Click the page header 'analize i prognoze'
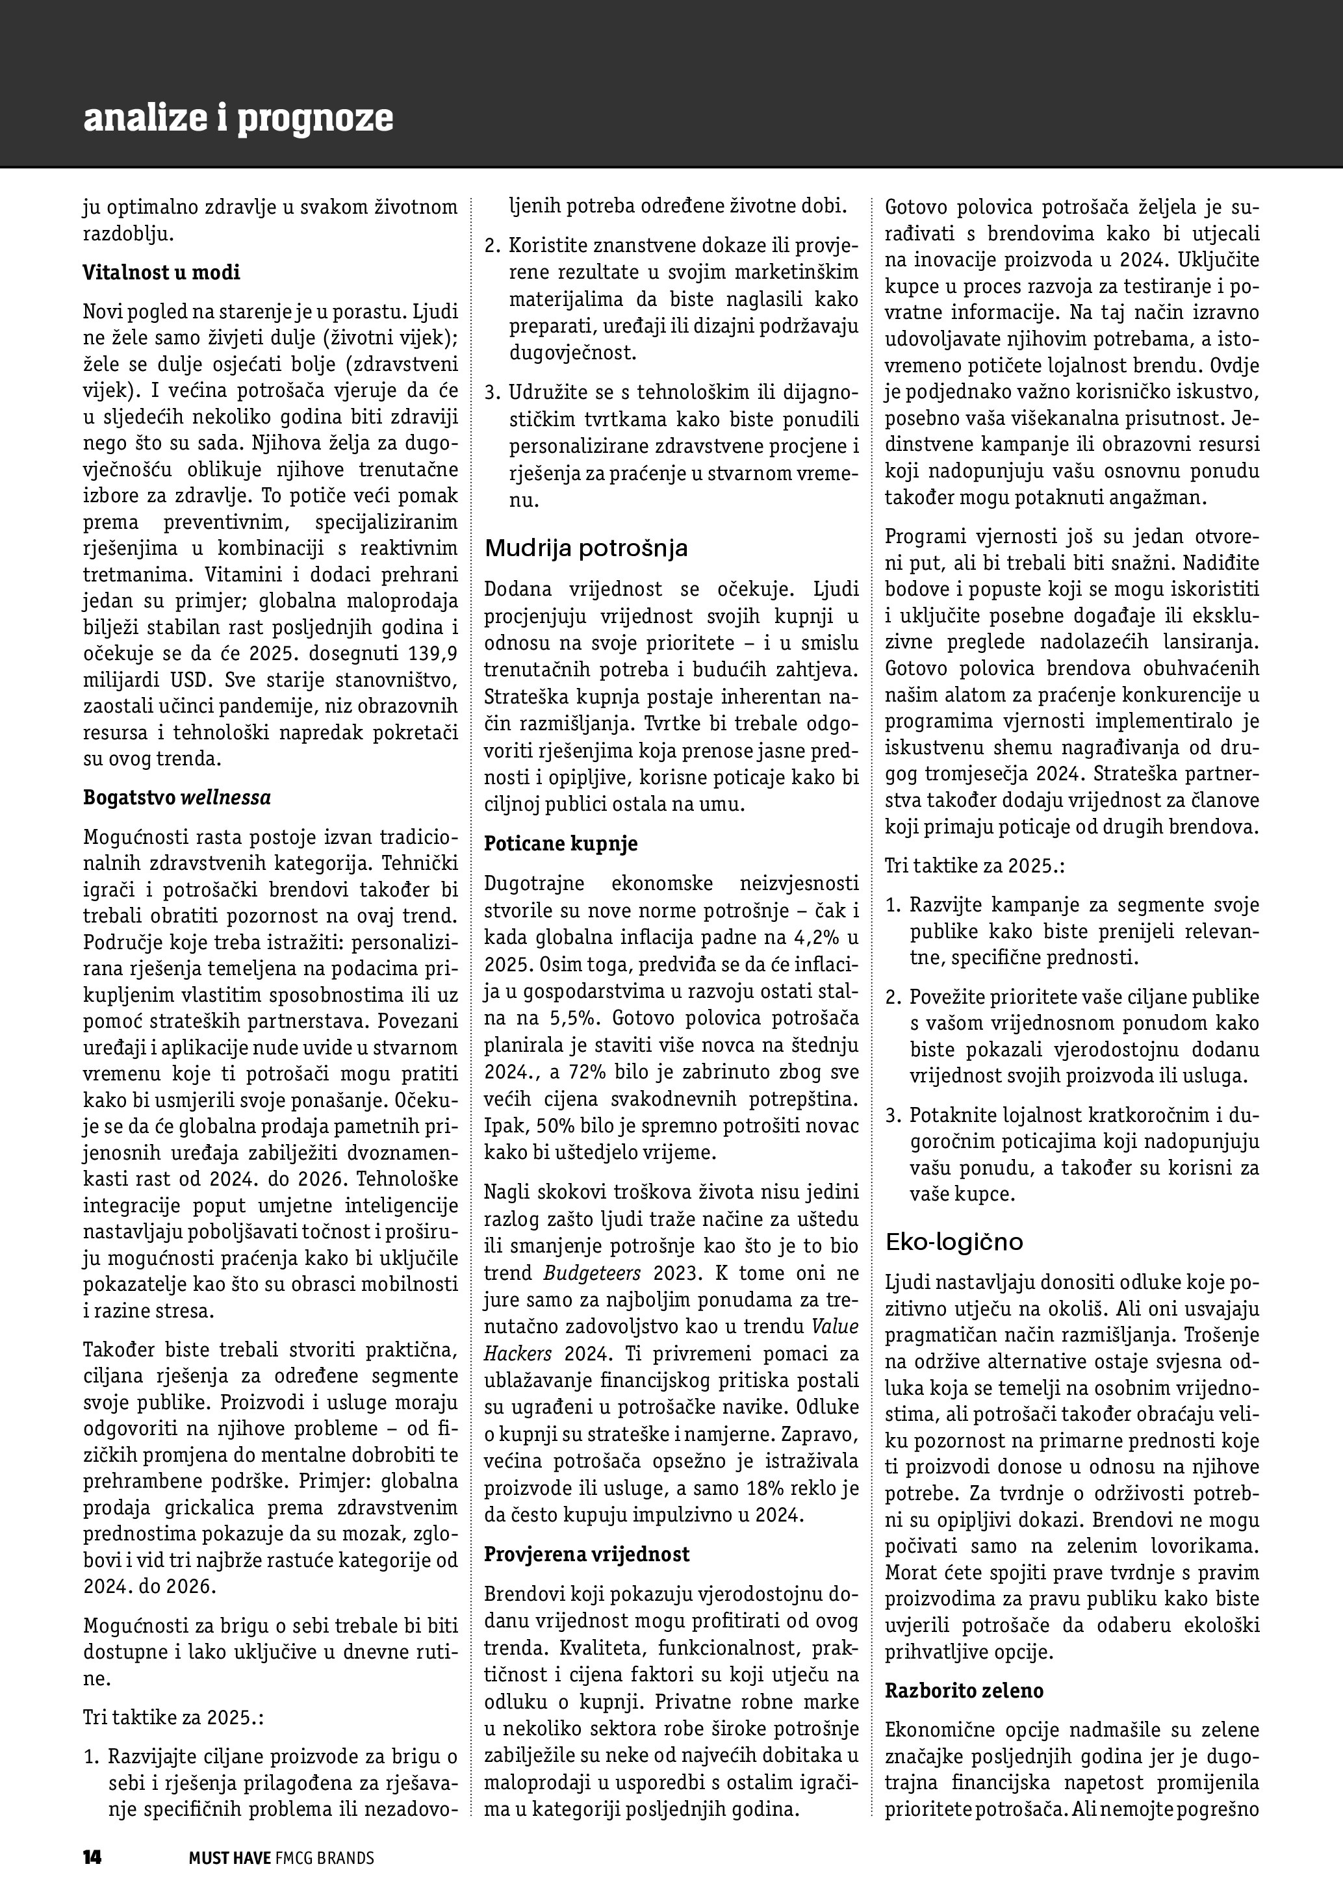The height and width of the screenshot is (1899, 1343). [238, 118]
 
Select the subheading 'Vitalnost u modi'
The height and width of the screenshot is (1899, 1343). [161, 272]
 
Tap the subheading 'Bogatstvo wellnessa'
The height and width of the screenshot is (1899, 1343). [177, 797]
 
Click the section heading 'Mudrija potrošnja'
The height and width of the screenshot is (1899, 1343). [585, 548]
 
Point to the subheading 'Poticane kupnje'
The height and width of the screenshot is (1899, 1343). [561, 844]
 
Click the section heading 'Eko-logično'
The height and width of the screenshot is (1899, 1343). [954, 1242]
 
